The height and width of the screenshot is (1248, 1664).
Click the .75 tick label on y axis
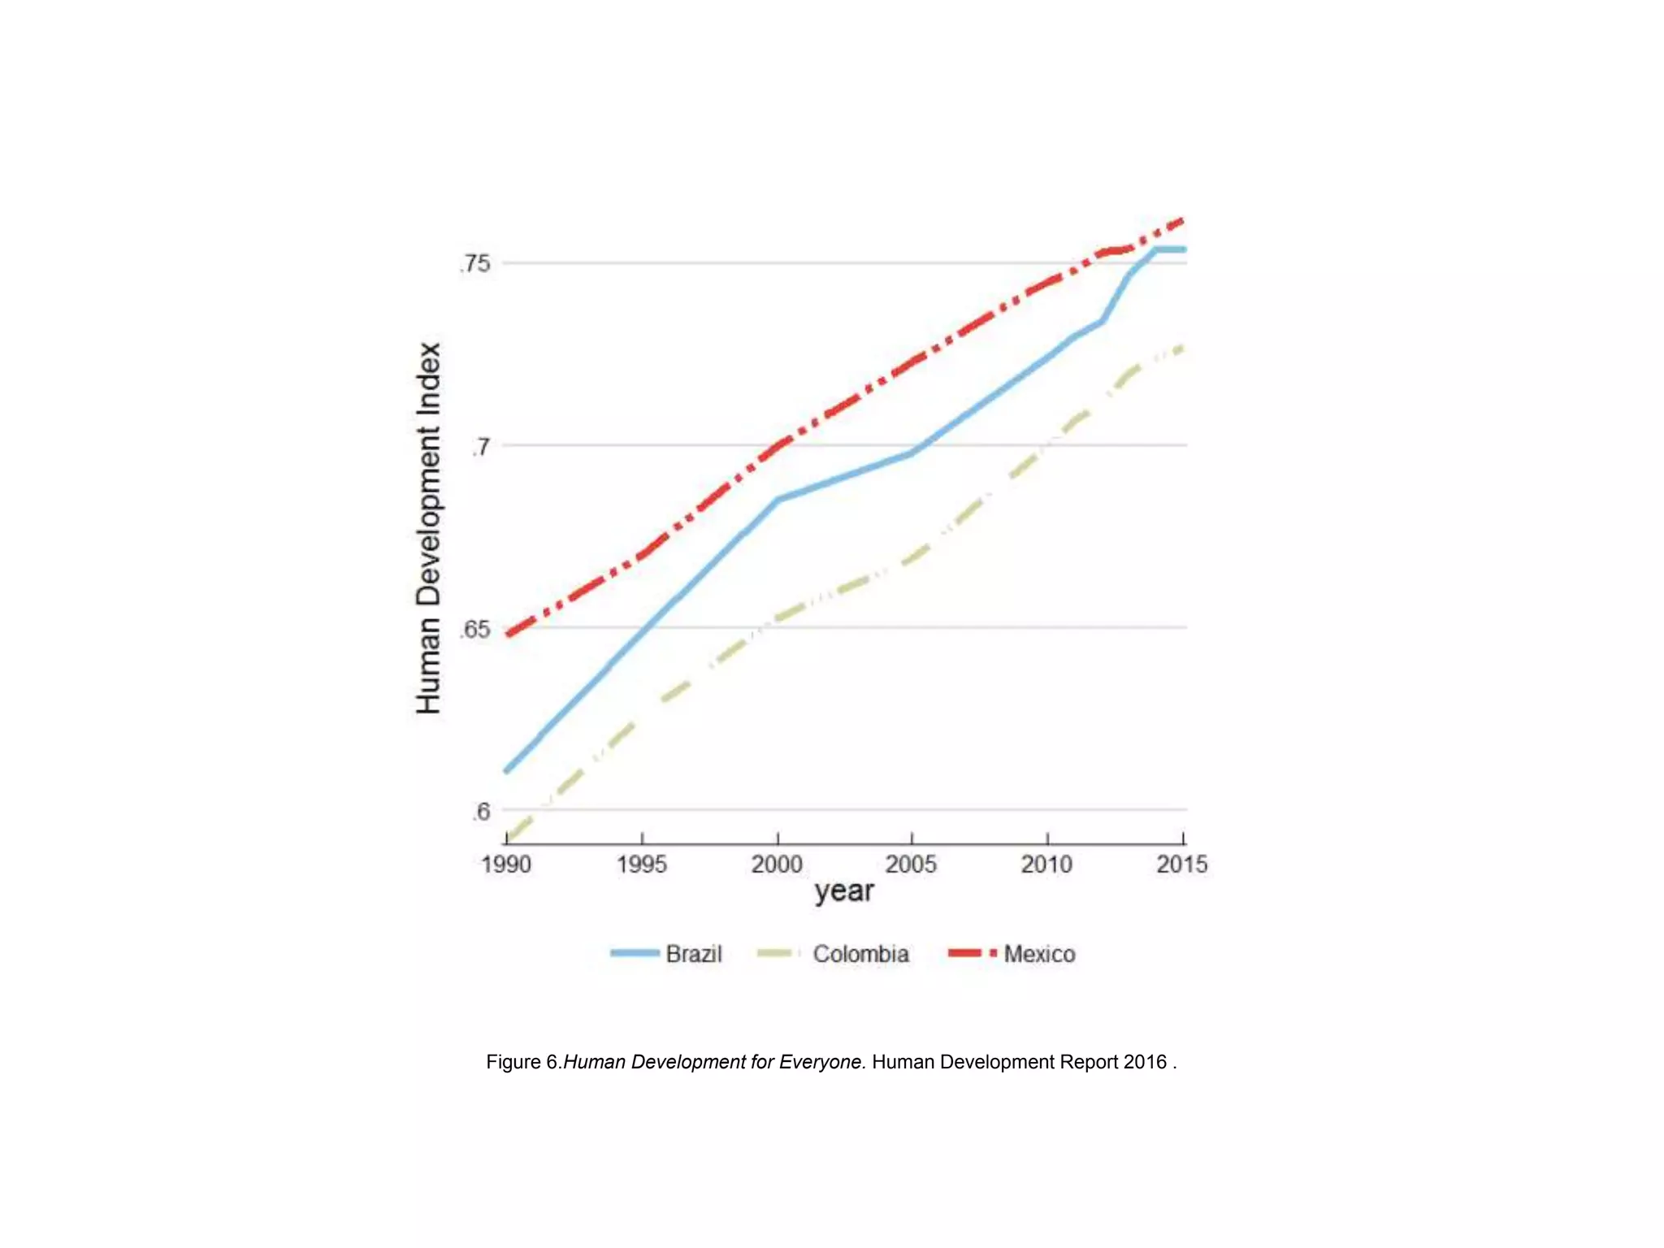tap(475, 263)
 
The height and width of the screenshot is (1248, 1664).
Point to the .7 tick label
tap(481, 446)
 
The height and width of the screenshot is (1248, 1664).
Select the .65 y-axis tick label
tap(475, 629)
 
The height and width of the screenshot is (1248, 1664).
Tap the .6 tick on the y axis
tap(481, 811)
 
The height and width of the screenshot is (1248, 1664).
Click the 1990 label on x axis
tap(505, 864)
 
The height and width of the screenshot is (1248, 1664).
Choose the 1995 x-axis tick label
tap(641, 864)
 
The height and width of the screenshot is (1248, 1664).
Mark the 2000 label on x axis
tap(777, 864)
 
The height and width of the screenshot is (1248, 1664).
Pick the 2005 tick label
tap(911, 864)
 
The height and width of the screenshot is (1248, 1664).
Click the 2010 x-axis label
tap(1046, 864)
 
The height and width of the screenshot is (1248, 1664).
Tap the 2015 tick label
tap(1181, 864)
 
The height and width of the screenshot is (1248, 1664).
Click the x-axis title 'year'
tap(844, 891)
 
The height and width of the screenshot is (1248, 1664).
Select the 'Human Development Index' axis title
tap(428, 528)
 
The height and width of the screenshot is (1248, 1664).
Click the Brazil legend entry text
tap(693, 954)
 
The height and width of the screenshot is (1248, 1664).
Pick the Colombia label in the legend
tap(860, 954)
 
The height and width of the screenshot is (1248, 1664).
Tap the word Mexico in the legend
tap(1039, 954)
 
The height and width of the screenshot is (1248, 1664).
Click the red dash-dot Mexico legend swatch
tap(972, 953)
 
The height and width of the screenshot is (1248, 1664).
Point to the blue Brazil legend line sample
tap(635, 953)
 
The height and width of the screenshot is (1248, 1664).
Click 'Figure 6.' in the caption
tap(523, 1062)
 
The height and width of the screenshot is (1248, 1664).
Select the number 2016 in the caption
tap(1145, 1062)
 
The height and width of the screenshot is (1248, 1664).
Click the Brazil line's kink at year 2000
tap(777, 500)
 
